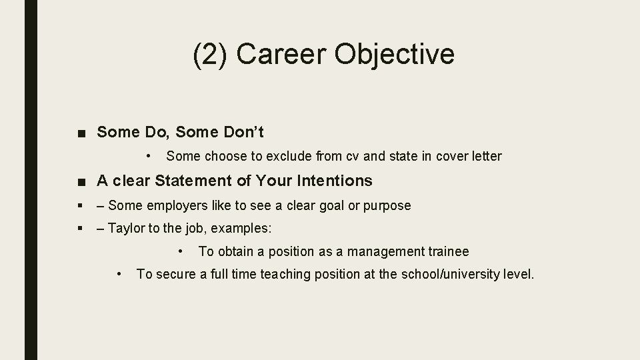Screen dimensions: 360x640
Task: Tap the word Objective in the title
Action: [x=395, y=55]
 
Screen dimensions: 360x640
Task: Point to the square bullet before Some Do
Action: [x=81, y=133]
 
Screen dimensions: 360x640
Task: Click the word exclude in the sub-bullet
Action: [x=291, y=156]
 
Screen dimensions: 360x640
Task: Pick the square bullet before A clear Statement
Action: [x=81, y=181]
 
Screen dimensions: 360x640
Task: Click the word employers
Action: [x=169, y=205]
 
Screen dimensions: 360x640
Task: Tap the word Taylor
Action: [x=125, y=228]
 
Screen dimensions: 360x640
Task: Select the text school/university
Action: [x=444, y=274]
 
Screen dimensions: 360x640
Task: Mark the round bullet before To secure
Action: [x=119, y=274]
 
